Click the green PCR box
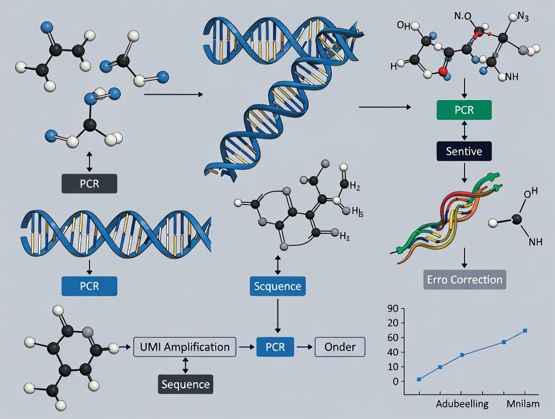coord(464,110)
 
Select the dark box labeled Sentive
coord(464,151)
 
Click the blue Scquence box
coord(277,286)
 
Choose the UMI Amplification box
coord(185,347)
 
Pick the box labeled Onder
coord(340,347)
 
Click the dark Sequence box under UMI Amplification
coord(185,384)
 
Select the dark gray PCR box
coord(89,183)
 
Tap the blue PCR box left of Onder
coord(275,347)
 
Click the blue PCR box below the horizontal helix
coord(89,286)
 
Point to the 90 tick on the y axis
coord(392,308)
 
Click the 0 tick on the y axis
coord(395,382)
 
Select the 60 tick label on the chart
coord(392,337)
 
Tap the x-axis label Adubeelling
coord(462,404)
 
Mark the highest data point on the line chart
coord(525,330)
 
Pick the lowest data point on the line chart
coord(419,379)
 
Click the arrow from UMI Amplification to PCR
coord(246,347)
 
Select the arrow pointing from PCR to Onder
coord(304,347)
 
